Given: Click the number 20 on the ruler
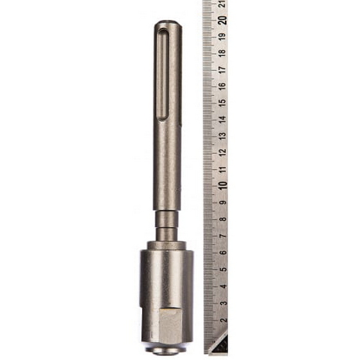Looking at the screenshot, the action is pos(222,20).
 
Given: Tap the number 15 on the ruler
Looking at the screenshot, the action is pos(222,102).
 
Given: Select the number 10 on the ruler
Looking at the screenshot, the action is pos(222,185).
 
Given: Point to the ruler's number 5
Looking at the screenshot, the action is pos(223,269).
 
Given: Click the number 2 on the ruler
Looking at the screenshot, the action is pos(223,320).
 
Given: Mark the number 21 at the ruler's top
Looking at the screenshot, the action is pos(222,4).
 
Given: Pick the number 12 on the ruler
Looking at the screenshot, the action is pos(222,152).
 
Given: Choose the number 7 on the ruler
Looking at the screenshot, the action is pos(223,236).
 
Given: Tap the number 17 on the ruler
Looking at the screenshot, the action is pos(222,69).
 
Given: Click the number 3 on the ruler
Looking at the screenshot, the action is pos(223,303).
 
